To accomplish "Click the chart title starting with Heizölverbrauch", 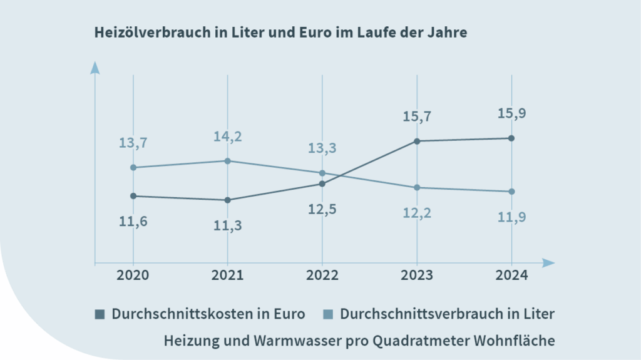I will click(x=280, y=33).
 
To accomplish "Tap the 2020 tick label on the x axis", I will click(x=133, y=275).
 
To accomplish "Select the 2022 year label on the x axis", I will click(x=322, y=275).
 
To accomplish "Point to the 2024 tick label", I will click(x=511, y=275).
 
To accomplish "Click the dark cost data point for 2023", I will click(x=417, y=141).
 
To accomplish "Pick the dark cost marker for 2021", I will click(x=227, y=200).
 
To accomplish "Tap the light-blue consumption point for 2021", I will click(x=227, y=161).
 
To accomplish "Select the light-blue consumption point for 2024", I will click(x=511, y=191).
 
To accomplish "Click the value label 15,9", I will click(x=511, y=115).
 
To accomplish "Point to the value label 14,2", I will click(x=228, y=136).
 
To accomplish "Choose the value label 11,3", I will click(x=228, y=225).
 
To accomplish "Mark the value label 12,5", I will click(x=322, y=209).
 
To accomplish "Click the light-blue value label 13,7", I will click(x=133, y=143).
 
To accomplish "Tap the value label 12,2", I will click(x=417, y=213).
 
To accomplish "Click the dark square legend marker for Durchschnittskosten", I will click(x=100, y=314).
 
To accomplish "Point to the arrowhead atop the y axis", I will click(x=95, y=67).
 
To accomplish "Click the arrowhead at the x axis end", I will click(x=548, y=263).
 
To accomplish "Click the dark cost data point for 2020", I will click(x=133, y=196).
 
